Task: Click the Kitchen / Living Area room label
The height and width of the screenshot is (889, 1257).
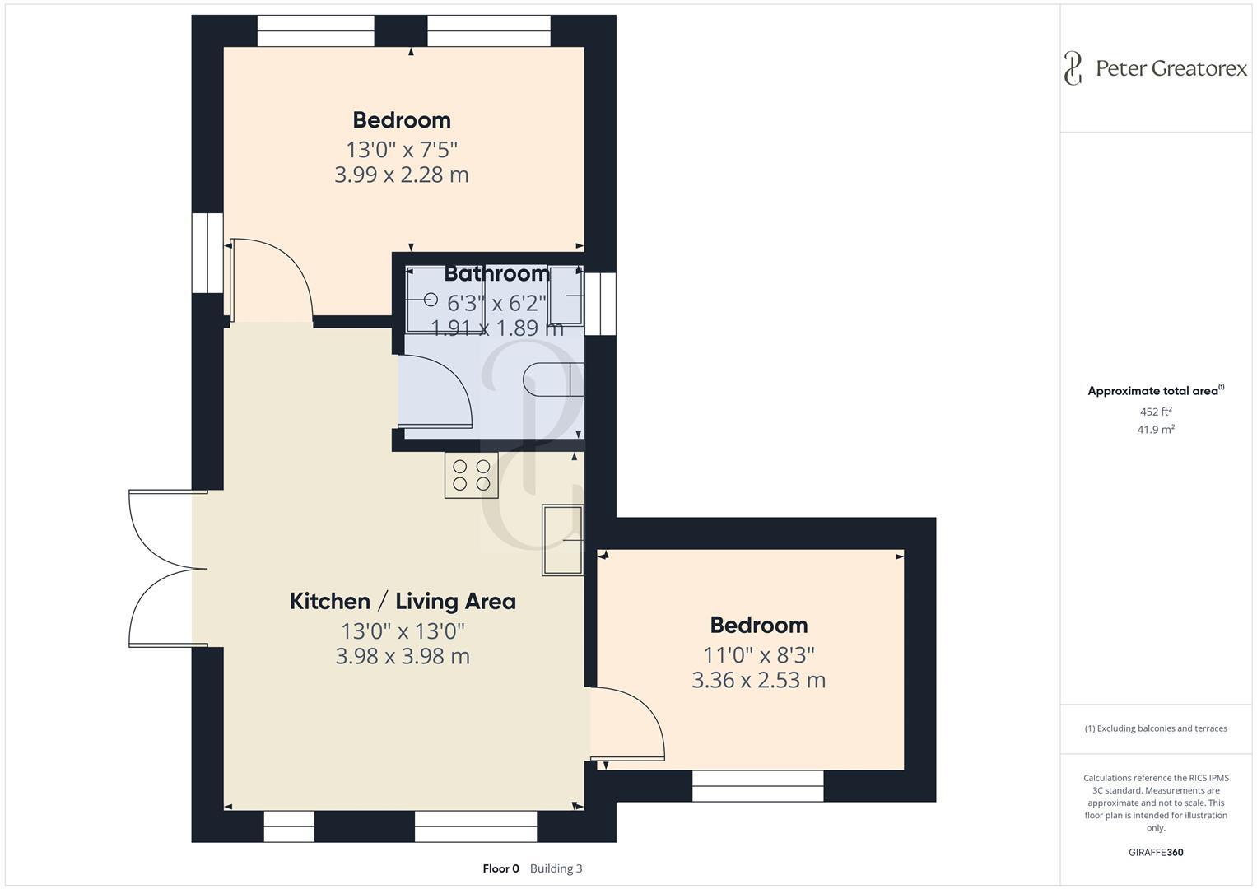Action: coord(403,601)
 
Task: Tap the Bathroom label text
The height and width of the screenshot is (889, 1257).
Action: coord(497,273)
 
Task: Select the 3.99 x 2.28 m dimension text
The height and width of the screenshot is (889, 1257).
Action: coord(401,175)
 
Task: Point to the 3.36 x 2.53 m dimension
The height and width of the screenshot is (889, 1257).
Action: coord(758,680)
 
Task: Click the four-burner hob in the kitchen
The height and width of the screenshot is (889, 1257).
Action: coord(472,475)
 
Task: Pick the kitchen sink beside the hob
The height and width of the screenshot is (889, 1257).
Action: coord(562,540)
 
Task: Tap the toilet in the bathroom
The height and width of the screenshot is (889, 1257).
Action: coord(552,379)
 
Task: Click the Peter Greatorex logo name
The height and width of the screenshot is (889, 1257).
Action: coord(1171,68)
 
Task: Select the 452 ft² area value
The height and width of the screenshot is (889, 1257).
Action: coord(1156,412)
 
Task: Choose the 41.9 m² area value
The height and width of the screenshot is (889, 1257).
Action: coord(1156,429)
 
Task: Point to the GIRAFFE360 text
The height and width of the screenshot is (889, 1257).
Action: coord(1156,852)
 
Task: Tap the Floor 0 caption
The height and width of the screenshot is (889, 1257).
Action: coord(500,868)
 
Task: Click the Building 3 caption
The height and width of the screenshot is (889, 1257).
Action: coord(556,868)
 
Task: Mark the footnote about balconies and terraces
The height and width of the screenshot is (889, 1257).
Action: coord(1156,728)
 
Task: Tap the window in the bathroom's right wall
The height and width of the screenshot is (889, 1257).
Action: coord(601,304)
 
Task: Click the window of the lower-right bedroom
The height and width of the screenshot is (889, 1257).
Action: coord(757,786)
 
